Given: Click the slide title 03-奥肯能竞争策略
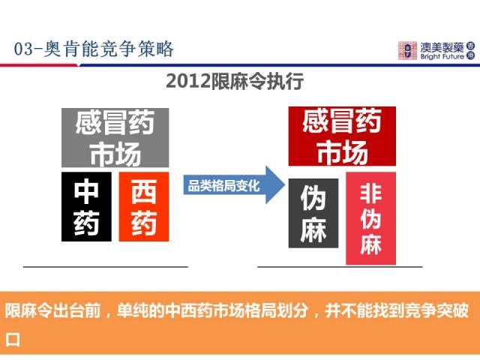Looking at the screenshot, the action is pos(94,49).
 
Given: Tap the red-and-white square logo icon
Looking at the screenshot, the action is pos(407,50).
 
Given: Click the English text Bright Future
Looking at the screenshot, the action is pos(442,57).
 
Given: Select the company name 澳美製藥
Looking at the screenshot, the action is pos(442,47).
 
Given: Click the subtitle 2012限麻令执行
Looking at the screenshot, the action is pos(235,81).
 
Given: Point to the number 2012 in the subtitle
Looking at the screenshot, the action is pos(188,82).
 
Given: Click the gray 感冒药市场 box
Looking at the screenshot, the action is pos(115,137).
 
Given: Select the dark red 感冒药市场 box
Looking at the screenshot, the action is pos(342,136).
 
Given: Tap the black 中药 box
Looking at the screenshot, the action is pos(86,207).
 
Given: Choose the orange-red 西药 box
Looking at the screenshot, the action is pos(144,207).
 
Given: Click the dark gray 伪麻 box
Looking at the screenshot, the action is pos(313,213).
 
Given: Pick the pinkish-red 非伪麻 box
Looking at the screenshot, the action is pos(370,218).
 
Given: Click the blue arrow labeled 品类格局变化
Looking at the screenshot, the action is pos(234,185).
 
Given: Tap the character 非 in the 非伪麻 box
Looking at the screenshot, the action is pos(370,193).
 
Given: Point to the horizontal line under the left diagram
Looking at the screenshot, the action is pos(106,267).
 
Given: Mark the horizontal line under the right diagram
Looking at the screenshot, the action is pos(340,267).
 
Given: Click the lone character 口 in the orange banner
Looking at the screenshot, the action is pos(13,340).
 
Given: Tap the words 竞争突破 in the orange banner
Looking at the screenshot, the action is pos(436,310).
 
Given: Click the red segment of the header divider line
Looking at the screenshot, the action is pos(39,65).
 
